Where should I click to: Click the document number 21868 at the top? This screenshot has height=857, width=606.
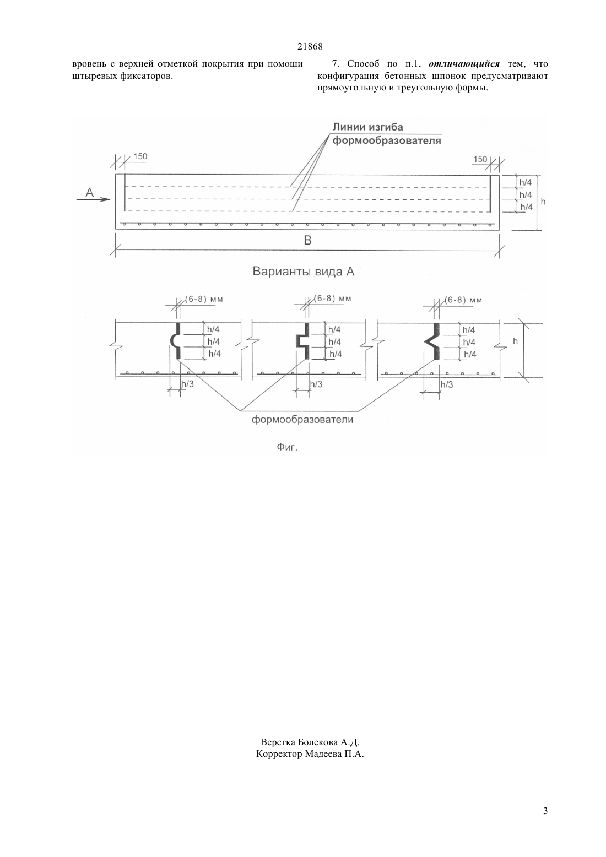click(x=310, y=47)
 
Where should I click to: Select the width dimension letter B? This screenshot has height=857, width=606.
click(x=307, y=240)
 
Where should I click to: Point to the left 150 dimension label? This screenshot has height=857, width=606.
click(x=140, y=156)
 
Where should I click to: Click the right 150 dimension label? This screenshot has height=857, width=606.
click(x=480, y=159)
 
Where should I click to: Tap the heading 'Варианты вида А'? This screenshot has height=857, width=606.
click(x=304, y=272)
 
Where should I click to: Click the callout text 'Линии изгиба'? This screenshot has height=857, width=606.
click(x=367, y=127)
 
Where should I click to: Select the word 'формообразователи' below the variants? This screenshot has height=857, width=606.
click(x=302, y=420)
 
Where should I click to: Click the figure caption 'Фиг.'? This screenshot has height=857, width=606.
click(x=287, y=447)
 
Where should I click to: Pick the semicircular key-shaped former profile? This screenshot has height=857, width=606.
click(x=176, y=340)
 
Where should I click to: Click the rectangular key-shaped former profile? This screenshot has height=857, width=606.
click(x=304, y=341)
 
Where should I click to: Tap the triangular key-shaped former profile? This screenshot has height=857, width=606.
click(x=433, y=341)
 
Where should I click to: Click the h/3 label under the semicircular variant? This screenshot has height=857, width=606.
click(x=187, y=384)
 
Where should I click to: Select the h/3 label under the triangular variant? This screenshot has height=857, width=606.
click(x=446, y=384)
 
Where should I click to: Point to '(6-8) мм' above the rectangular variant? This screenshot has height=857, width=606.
click(x=332, y=299)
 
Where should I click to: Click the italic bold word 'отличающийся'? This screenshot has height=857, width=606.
click(x=464, y=64)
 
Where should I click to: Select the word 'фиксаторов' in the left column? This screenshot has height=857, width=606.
click(x=147, y=76)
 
